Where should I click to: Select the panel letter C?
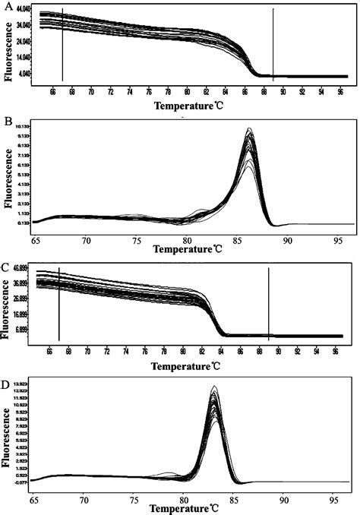(8, 267)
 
